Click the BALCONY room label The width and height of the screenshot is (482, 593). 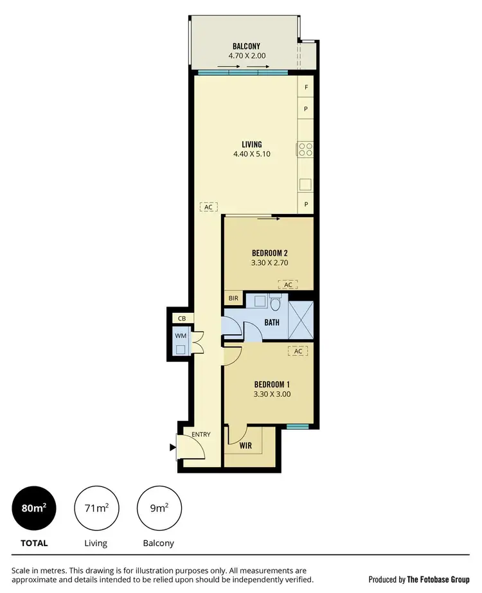[x=247, y=46]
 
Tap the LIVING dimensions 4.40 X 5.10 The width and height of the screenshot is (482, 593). [x=251, y=154]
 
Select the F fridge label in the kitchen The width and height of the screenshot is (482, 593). [x=307, y=87]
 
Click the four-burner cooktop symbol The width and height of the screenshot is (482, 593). [x=305, y=150]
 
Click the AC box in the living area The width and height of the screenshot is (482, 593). [x=209, y=207]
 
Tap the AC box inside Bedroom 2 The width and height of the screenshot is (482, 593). [x=288, y=285]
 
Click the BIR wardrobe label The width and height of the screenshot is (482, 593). [x=232, y=299]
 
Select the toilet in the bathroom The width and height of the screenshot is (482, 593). [x=276, y=303]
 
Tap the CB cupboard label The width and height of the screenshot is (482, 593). [x=182, y=318]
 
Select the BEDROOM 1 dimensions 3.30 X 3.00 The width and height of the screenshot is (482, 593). [x=272, y=394]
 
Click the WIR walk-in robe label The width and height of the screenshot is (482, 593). [x=245, y=445]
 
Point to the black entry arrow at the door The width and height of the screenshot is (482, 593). [x=172, y=448]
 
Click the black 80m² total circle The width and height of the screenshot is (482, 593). [x=34, y=508]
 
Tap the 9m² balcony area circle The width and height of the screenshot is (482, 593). [x=158, y=508]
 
